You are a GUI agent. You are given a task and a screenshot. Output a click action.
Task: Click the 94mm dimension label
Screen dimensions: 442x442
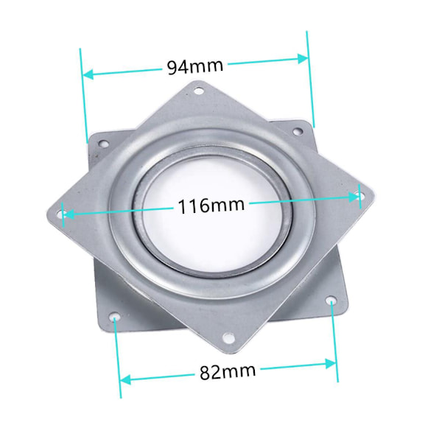tap(195, 66)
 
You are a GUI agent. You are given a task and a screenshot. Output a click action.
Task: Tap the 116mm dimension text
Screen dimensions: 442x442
tap(211, 206)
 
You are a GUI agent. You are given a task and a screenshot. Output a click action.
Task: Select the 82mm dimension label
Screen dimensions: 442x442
tap(228, 371)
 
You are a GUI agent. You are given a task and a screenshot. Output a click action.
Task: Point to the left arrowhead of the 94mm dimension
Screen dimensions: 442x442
tap(88, 74)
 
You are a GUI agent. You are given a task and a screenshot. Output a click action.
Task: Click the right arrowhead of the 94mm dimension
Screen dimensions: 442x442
tap(304, 59)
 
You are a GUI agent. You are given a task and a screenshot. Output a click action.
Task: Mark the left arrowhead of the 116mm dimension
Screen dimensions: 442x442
tap(69, 214)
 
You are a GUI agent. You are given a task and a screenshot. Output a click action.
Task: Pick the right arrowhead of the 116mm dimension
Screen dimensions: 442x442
tap(354, 197)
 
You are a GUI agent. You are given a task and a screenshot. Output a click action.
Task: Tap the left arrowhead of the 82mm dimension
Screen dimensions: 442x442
tap(125, 379)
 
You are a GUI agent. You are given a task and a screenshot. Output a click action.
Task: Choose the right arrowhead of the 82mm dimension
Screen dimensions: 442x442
tap(331, 364)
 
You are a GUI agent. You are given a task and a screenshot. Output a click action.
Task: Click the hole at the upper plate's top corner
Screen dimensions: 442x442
tap(199, 91)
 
